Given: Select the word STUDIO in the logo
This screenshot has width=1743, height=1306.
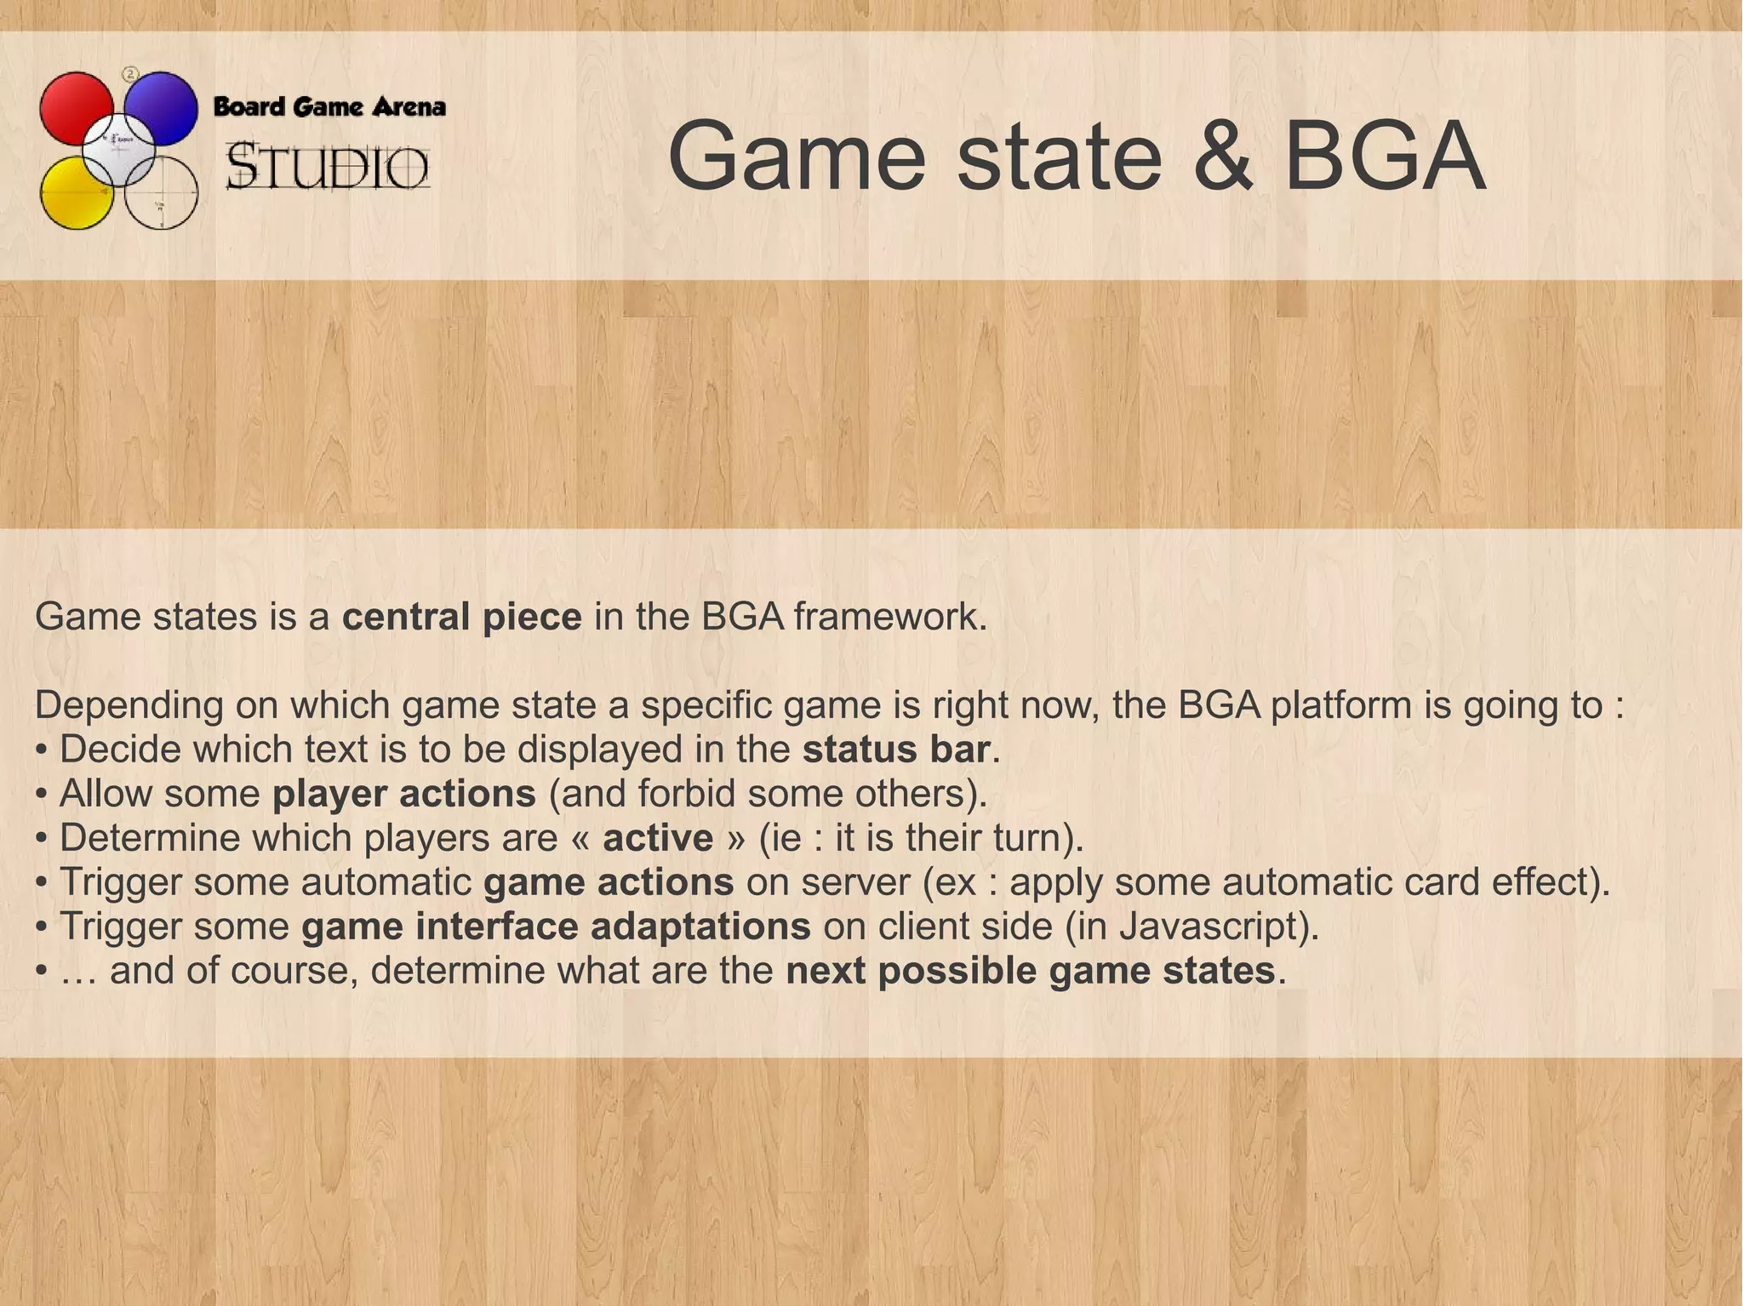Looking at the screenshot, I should (x=328, y=167).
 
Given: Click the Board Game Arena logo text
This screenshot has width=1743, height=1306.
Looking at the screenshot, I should (x=329, y=107).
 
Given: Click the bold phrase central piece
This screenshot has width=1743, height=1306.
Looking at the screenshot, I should (x=461, y=616).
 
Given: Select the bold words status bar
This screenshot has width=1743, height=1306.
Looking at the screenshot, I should (x=896, y=749).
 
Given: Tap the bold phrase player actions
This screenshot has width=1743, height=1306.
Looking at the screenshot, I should (x=403, y=793).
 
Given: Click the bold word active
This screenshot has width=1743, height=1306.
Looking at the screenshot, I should (x=657, y=837).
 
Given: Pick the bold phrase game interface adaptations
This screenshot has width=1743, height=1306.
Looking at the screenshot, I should (x=555, y=926).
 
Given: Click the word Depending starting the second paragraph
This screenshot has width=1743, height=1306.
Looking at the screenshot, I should (x=129, y=704).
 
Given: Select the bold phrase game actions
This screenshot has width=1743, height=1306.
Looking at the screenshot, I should (x=608, y=881).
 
